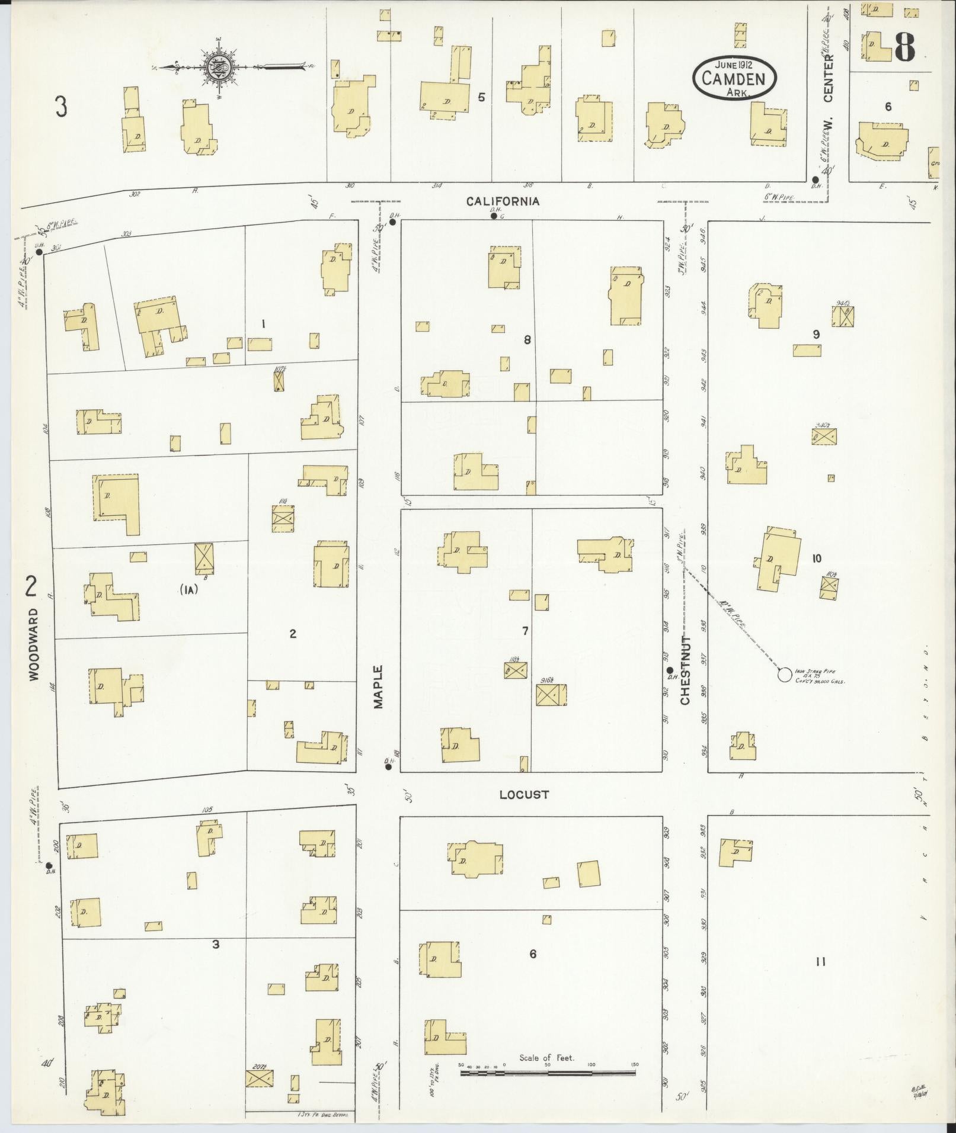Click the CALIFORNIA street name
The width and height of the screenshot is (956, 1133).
click(x=503, y=201)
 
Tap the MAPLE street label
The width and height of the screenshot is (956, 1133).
click(x=379, y=686)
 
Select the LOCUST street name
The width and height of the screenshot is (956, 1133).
click(x=524, y=794)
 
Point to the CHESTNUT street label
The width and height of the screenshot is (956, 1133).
click(x=685, y=671)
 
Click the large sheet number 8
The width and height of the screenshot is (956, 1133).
click(x=904, y=46)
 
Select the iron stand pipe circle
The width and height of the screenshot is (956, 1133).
click(x=784, y=674)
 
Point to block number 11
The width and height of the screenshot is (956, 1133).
click(x=820, y=962)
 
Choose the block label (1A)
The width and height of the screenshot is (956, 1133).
click(x=188, y=590)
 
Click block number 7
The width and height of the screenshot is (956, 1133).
click(x=525, y=631)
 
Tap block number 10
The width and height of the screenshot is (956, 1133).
click(x=817, y=558)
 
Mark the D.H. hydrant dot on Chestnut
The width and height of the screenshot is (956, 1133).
click(x=670, y=670)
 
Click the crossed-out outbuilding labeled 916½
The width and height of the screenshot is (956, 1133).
click(x=551, y=695)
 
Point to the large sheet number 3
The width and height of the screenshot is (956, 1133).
click(x=60, y=107)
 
